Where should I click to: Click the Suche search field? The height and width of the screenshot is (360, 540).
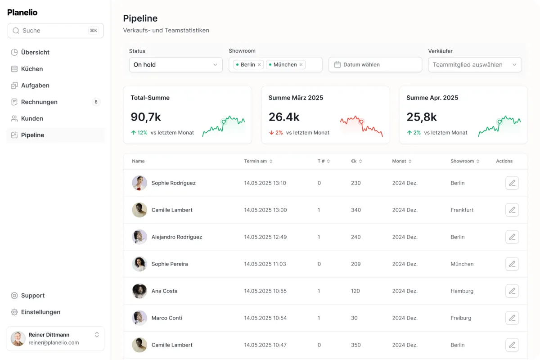tap(55, 31)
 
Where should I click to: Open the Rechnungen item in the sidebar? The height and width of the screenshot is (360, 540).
tap(39, 102)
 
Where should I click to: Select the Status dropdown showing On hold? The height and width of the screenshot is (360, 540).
tap(176, 65)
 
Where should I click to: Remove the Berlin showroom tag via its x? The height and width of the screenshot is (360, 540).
tap(259, 65)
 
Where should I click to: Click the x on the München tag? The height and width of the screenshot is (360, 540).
tap(301, 65)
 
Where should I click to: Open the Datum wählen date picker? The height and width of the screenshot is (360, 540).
tap(375, 65)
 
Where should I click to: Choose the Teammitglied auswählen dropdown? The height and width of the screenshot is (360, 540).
tap(475, 65)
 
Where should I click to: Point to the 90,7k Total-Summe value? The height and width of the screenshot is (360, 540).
tap(146, 117)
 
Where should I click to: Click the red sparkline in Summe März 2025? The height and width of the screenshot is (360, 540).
tap(361, 126)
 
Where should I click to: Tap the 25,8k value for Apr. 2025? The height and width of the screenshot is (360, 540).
tap(421, 117)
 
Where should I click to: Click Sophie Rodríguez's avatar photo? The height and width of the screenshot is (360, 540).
tap(139, 183)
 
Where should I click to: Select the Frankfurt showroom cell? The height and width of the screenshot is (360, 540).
tap(462, 210)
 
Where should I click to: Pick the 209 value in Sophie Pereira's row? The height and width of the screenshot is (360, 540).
tap(355, 264)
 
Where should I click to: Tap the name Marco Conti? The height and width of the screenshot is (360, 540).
tap(166, 318)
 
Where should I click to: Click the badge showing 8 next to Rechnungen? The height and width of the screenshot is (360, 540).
tap(96, 102)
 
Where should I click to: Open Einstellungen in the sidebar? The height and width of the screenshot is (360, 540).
tap(40, 312)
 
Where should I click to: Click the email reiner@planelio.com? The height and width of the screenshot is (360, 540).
tap(54, 342)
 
